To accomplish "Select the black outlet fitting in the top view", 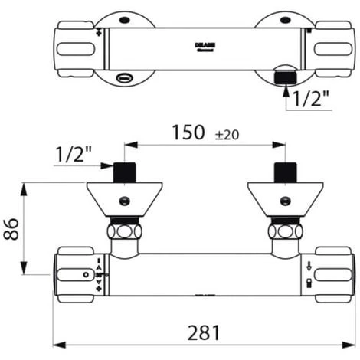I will [285, 77].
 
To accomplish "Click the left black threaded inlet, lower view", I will [124, 172].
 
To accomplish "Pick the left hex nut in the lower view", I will [124, 231].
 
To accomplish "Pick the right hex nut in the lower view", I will [285, 231].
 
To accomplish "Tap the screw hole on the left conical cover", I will [124, 200].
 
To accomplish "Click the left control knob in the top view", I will [74, 48].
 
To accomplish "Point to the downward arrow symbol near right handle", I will [308, 267].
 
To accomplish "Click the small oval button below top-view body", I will [124, 77].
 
